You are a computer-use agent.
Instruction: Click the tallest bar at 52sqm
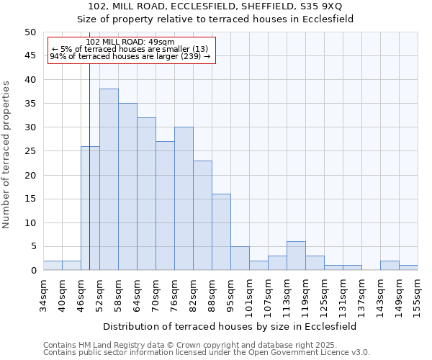pyautogui.click(x=109, y=179)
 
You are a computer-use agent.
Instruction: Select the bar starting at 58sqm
pyautogui.click(x=127, y=186)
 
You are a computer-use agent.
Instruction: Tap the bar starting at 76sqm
pyautogui.click(x=184, y=199)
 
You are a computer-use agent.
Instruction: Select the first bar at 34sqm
pyautogui.click(x=53, y=265)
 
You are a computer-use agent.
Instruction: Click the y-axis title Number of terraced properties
pyautogui.click(x=7, y=154)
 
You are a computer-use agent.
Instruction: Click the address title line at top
pyautogui.click(x=216, y=6)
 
